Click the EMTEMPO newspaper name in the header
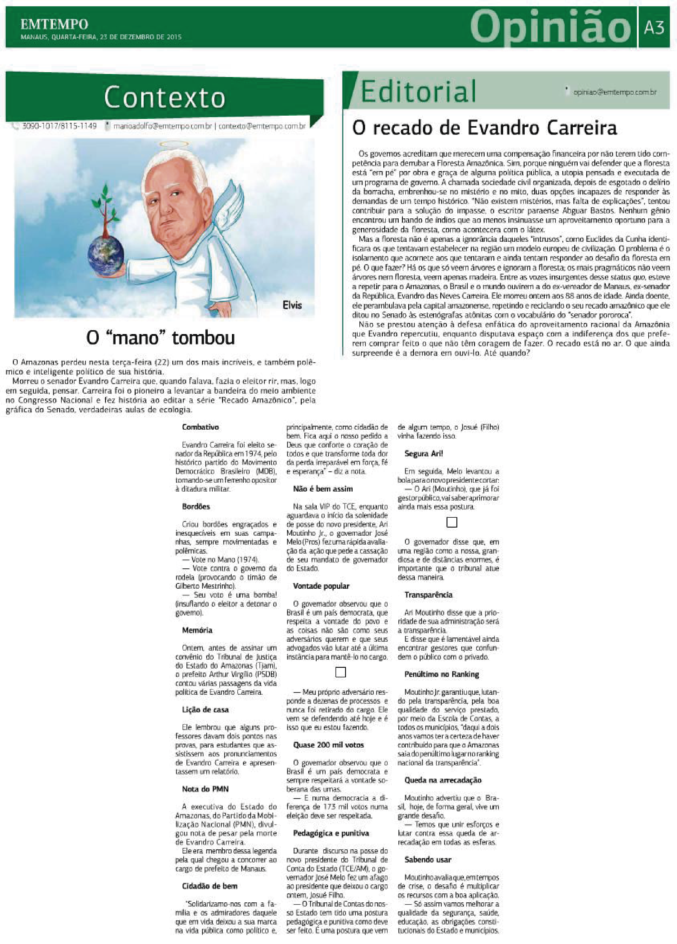(54, 24)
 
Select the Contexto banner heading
(164, 98)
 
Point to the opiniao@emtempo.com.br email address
(615, 92)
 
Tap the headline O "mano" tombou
(160, 338)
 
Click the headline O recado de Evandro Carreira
(485, 128)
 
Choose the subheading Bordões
(196, 507)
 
